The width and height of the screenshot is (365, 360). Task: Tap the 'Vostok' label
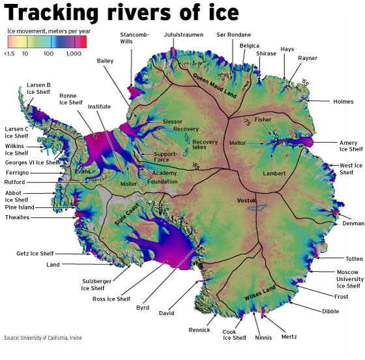248,198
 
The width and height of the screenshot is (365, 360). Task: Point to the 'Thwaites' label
17,217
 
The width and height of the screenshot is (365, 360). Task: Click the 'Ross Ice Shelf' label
111,299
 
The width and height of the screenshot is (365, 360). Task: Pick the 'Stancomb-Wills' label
134,37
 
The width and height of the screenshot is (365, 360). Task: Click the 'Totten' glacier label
346,259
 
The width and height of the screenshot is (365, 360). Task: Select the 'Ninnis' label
263,338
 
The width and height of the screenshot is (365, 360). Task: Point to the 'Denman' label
351,223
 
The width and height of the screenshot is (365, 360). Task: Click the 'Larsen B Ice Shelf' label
38,88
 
